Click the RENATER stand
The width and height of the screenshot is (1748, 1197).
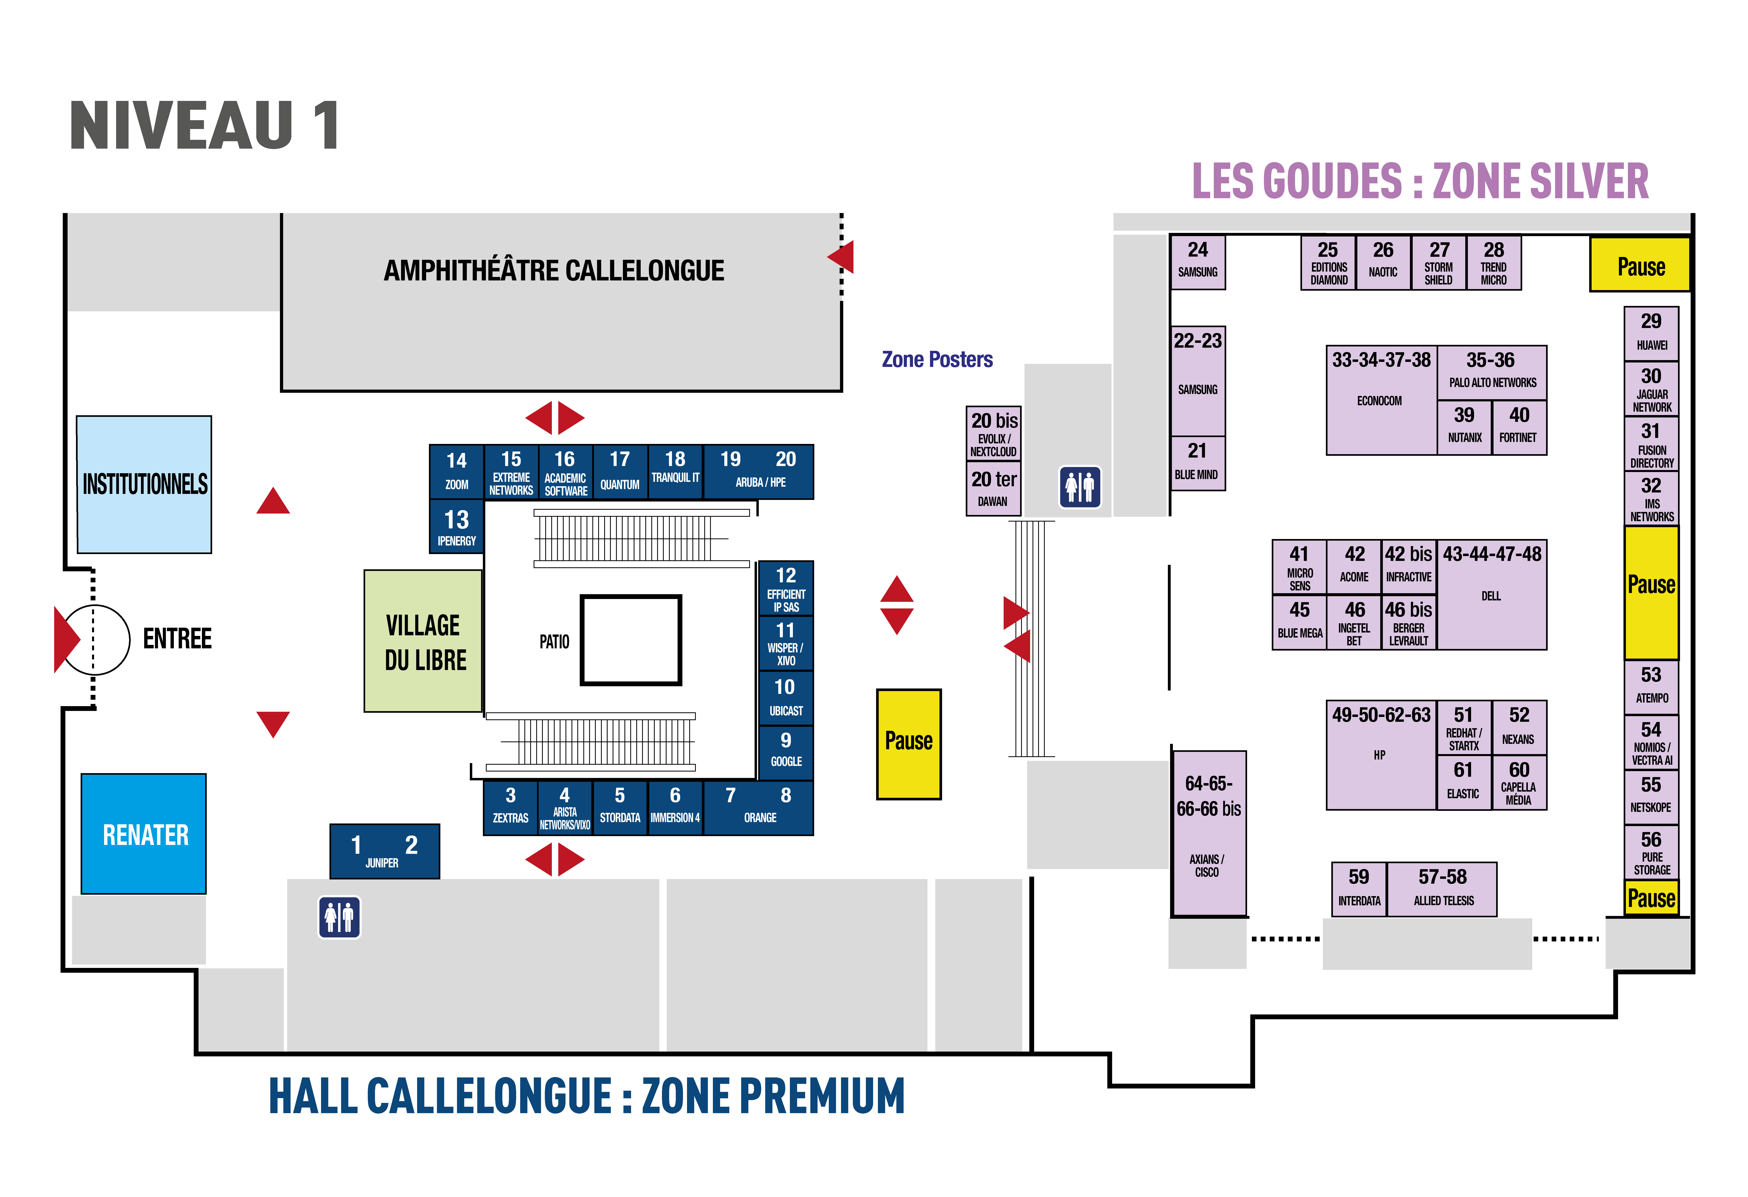click(144, 834)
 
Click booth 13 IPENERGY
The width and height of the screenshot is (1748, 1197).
click(457, 527)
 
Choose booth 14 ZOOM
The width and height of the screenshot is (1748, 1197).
click(457, 471)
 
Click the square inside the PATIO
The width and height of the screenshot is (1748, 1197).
click(630, 640)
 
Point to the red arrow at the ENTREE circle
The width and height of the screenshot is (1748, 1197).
click(66, 640)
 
